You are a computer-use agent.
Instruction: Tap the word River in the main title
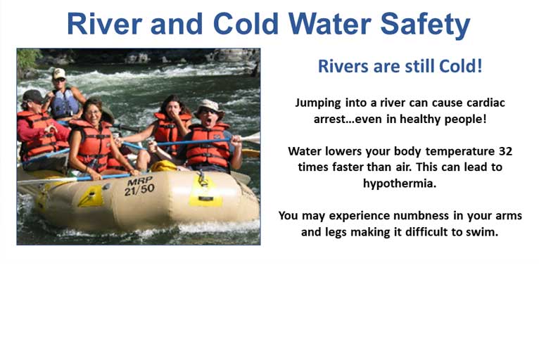pos(104,23)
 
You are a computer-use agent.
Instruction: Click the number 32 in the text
pos(505,150)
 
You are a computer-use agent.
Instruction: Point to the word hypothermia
pos(400,184)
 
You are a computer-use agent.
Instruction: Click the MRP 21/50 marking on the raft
pos(139,186)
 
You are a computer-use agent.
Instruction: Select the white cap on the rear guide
pos(59,73)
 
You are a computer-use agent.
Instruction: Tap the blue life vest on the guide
pos(64,103)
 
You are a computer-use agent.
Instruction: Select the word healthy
pos(420,120)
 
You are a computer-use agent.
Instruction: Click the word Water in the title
pos(329,23)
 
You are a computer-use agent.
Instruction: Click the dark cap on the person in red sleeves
pos(32,96)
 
